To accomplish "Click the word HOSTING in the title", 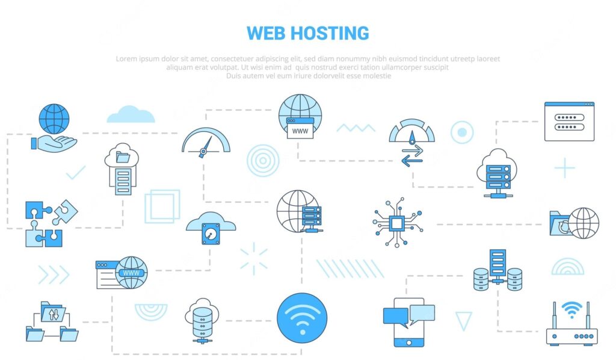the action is [x=333, y=33].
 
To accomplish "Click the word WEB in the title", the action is [x=269, y=33].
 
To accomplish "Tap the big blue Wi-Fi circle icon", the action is [x=302, y=318].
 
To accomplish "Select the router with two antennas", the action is [x=571, y=324].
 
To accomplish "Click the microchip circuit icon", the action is [x=397, y=223].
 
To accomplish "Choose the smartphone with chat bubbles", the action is [x=409, y=322].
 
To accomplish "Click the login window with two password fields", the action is [x=569, y=122].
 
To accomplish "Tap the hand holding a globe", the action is [x=54, y=128].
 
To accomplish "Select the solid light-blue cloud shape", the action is [x=131, y=114].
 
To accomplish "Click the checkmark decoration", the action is [x=75, y=173].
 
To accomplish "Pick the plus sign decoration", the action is [x=564, y=168].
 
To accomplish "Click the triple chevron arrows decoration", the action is [x=54, y=275].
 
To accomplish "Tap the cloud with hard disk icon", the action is [x=211, y=228].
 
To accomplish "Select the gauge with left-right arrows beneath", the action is [x=411, y=142].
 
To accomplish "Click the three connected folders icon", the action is [x=52, y=321].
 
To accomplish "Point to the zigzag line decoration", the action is [x=356, y=128].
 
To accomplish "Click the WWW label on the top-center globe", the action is [x=300, y=131].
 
